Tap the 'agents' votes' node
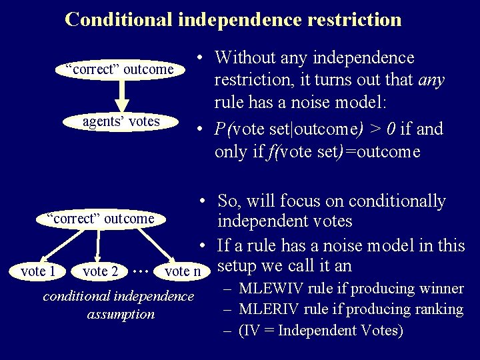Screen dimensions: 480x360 (121, 121)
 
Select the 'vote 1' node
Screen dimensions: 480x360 (38, 271)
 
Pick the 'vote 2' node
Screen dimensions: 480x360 (101, 271)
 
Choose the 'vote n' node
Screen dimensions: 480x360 (182, 271)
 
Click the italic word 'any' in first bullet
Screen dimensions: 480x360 (431, 81)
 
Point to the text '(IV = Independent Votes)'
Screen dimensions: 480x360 (320, 330)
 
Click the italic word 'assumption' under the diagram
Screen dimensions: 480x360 (121, 314)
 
